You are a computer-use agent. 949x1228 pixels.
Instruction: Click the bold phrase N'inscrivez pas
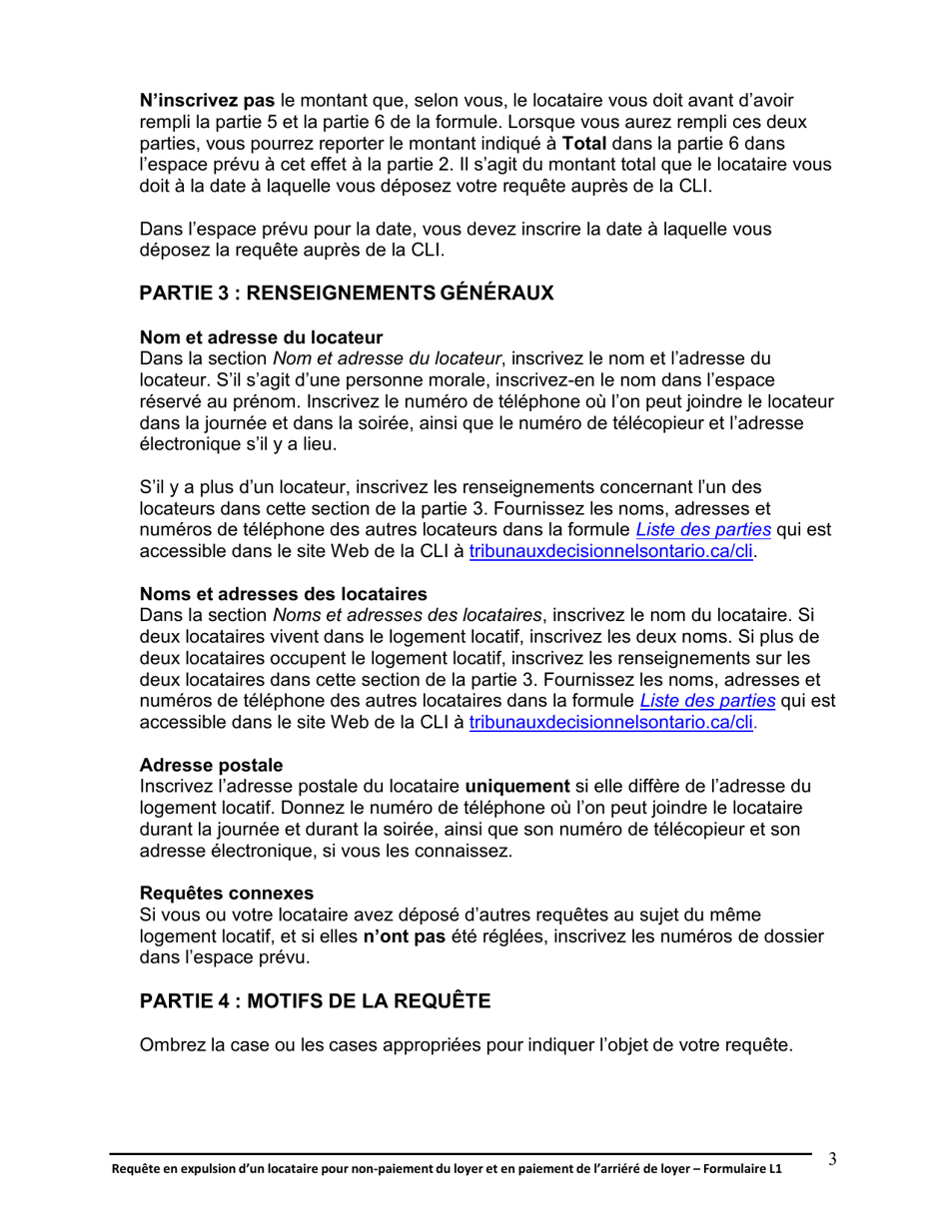(207, 101)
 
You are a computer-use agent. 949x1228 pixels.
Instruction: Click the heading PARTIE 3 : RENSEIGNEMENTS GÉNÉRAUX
(346, 294)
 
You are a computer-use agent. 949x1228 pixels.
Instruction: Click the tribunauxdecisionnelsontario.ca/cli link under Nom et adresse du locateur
(610, 551)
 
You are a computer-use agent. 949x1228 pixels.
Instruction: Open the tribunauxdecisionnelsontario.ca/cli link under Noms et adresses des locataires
(610, 723)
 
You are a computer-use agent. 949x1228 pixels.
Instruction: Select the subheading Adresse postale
(211, 766)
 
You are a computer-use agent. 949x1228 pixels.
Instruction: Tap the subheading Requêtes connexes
(227, 893)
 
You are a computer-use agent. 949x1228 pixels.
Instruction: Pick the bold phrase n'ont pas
(405, 935)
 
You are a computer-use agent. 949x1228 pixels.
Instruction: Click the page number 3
(832, 1159)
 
